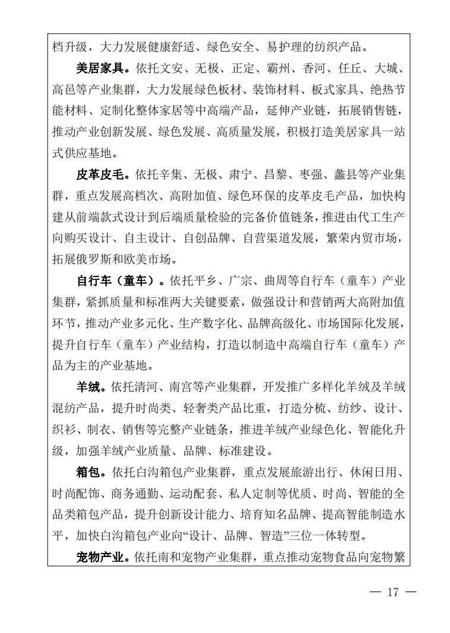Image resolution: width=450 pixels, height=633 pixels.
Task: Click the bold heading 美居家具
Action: [99, 69]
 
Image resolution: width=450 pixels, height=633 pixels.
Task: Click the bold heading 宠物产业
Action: [99, 557]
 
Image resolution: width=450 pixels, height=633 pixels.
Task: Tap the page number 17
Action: [392, 592]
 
